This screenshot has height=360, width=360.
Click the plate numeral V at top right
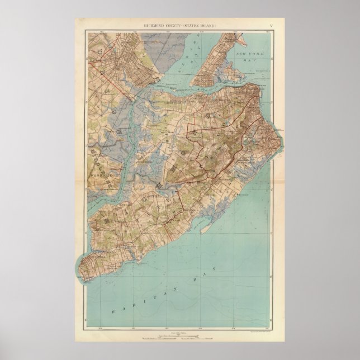[x=271, y=26]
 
